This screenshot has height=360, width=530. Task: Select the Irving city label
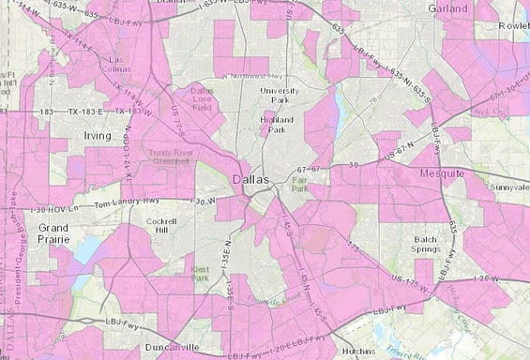click(97, 137)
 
